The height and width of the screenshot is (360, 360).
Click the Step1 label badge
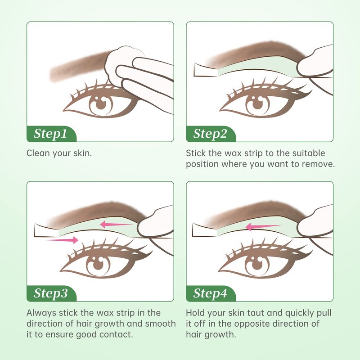coord(51,134)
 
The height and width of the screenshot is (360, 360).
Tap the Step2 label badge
coord(211,134)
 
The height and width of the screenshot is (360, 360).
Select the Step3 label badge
coord(51,293)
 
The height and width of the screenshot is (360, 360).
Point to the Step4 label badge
coord(211,293)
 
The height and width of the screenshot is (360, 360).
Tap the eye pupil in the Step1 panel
coord(100,104)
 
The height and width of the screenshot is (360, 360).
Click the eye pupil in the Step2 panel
coord(257,104)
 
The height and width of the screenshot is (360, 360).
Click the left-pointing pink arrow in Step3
coord(117,224)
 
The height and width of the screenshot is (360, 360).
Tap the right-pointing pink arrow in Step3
coord(62,240)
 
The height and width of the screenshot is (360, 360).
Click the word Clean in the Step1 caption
coord(38,153)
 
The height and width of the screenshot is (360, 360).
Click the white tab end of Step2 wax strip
coord(206,70)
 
